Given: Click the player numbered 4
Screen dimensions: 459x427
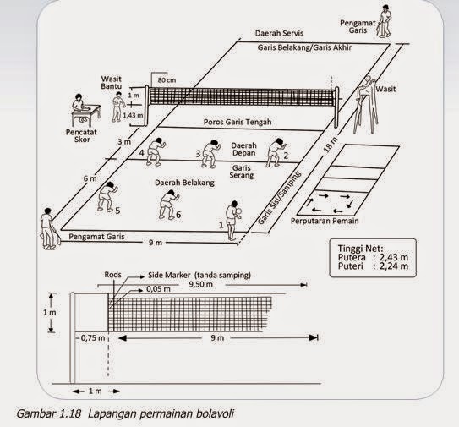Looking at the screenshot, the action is pyautogui.click(x=156, y=152).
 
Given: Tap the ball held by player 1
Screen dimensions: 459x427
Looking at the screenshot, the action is pyautogui.click(x=239, y=211).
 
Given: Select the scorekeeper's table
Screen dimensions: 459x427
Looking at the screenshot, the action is pyautogui.click(x=86, y=115).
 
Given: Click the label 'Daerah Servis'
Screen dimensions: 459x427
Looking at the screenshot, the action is pyautogui.click(x=279, y=33).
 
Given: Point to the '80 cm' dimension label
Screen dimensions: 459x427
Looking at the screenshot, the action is pyautogui.click(x=167, y=79).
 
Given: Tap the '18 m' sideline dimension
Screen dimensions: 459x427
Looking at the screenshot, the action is pyautogui.click(x=330, y=145).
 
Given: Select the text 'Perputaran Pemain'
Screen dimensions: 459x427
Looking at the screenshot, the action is pyautogui.click(x=325, y=221).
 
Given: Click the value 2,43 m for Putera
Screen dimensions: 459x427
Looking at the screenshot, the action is pyautogui.click(x=394, y=257).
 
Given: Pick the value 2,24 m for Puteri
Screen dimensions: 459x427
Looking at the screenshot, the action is pyautogui.click(x=394, y=266).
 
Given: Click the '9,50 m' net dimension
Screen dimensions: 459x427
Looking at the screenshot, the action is pyautogui.click(x=201, y=284).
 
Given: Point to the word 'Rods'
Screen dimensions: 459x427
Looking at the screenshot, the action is pyautogui.click(x=112, y=275).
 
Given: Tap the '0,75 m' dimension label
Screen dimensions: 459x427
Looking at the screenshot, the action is pyautogui.click(x=93, y=337).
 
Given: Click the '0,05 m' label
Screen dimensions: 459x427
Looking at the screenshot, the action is pyautogui.click(x=158, y=289).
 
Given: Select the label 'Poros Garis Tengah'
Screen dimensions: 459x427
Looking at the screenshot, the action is pyautogui.click(x=238, y=122).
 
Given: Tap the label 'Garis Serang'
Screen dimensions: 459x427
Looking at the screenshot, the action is pyautogui.click(x=242, y=172).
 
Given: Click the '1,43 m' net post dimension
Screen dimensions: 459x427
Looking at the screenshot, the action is pyautogui.click(x=133, y=115).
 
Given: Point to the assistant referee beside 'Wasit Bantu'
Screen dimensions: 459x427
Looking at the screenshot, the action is pyautogui.click(x=118, y=107).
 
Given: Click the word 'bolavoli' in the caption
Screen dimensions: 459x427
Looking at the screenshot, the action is pyautogui.click(x=216, y=414).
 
